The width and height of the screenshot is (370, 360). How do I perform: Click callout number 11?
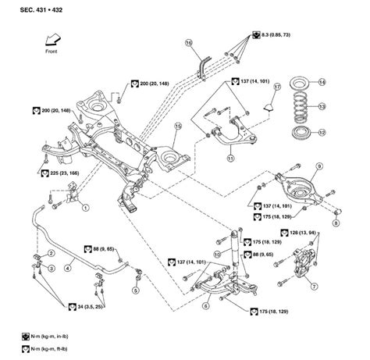pyautogui.click(x=230, y=159)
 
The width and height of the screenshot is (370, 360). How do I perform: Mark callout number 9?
pyautogui.click(x=318, y=166)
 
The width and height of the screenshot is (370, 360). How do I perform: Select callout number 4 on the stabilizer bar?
pyautogui.click(x=68, y=269)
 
